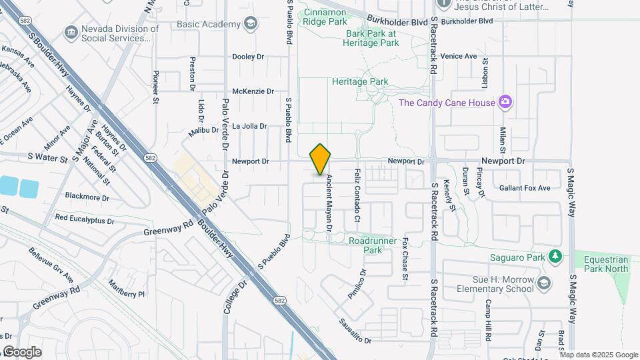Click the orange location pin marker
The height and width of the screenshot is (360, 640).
click(321, 159)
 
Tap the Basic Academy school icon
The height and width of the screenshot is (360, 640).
click(250, 25)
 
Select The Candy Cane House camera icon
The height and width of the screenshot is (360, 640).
click(506, 102)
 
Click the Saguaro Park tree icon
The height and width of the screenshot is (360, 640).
click(554, 256)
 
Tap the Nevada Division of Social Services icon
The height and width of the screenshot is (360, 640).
click(71, 33)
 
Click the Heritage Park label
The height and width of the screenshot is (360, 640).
click(360, 81)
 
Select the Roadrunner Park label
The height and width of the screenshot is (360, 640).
click(373, 245)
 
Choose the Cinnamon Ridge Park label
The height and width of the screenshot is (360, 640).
click(325, 17)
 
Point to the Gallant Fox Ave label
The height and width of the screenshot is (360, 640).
click(525, 188)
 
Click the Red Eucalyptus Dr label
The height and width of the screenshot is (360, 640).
click(85, 219)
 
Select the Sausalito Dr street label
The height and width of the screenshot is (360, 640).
click(353, 329)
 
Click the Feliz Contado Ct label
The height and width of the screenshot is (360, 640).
click(357, 195)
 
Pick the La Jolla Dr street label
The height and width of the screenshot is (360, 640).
click(249, 126)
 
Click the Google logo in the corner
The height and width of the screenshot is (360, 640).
click(21, 352)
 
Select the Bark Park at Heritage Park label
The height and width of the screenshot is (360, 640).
click(371, 38)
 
